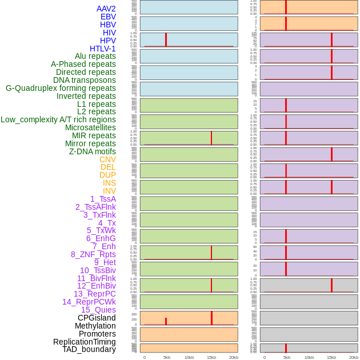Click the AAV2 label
106,9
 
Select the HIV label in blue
109,33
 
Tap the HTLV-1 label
102,49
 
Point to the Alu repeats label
95,56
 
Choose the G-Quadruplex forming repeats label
61,88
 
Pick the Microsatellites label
90,127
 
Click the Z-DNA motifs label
93,151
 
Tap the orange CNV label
107,159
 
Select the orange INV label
109,191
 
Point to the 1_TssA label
103,199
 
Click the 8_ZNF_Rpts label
93,254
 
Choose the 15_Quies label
98,310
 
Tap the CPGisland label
97,318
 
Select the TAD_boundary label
89,349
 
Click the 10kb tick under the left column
189,357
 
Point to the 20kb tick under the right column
354,357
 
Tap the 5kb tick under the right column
287,357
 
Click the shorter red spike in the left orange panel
166,321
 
